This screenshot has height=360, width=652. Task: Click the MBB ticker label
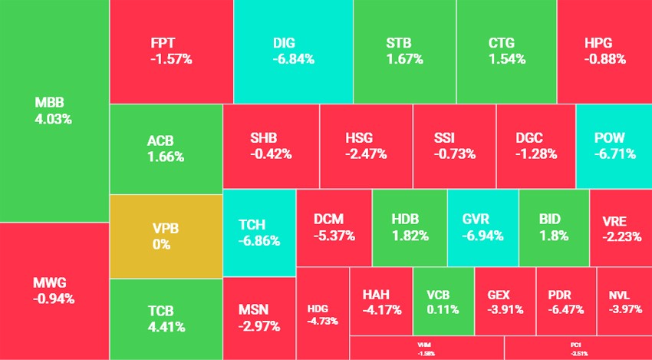50,103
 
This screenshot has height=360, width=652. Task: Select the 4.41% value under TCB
166,327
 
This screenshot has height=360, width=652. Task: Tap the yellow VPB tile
166,236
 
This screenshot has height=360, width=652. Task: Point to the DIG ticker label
284,43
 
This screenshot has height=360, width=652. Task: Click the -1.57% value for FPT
171,59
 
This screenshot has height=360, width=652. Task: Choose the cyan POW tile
610,147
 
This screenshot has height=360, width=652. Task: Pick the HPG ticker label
599,43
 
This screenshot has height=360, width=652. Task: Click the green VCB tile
443,302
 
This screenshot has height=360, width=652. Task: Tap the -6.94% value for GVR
482,236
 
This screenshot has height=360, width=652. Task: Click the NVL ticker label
620,295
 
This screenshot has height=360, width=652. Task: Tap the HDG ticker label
318,309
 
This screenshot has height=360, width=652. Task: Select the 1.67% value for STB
403,59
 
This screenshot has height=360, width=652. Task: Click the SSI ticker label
444,138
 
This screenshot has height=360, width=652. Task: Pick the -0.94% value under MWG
54,299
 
